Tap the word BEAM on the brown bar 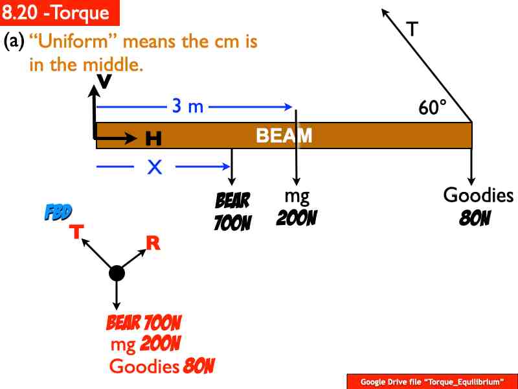click(x=284, y=136)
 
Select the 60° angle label click(x=433, y=108)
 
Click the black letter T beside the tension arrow click(x=412, y=29)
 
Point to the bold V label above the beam click(x=103, y=80)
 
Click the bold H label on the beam click(x=153, y=138)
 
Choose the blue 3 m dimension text click(x=187, y=106)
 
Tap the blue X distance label click(x=154, y=168)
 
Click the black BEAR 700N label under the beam click(x=232, y=211)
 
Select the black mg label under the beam click(x=297, y=196)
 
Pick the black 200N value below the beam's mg click(x=297, y=218)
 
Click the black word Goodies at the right click(x=478, y=195)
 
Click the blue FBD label click(x=58, y=212)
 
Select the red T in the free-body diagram click(x=76, y=231)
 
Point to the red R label click(x=153, y=243)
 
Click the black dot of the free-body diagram click(x=117, y=273)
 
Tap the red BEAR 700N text click(x=144, y=322)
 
